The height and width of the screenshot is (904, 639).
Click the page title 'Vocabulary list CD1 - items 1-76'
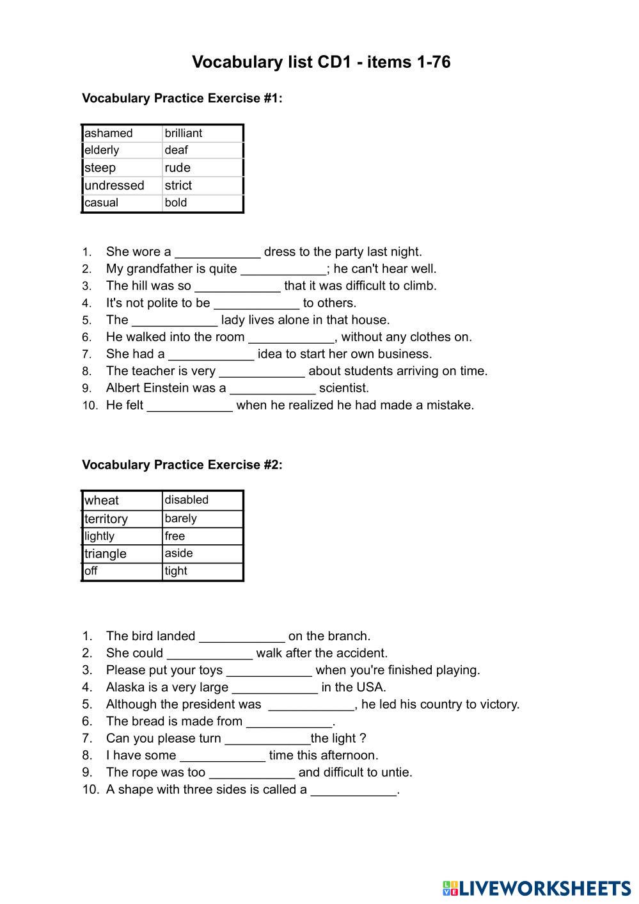tap(321, 62)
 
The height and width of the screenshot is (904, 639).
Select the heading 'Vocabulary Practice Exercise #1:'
tap(182, 98)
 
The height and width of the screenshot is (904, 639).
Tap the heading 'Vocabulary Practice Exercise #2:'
tap(182, 465)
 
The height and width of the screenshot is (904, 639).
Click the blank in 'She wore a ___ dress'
tap(217, 252)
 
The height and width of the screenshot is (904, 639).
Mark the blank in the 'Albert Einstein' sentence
tap(272, 389)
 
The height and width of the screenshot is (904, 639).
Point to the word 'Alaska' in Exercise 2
tap(125, 687)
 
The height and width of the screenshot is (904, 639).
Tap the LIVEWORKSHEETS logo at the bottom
tap(536, 888)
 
